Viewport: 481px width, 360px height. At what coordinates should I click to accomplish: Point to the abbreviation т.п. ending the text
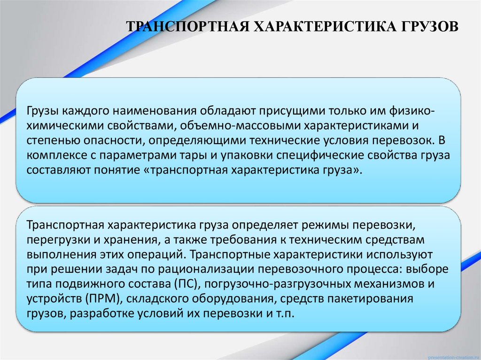point(284,314)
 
